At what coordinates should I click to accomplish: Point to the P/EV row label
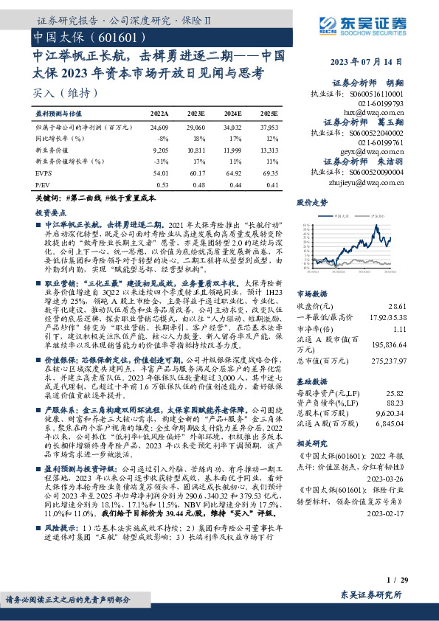43,185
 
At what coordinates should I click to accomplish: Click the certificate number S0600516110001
378,94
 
